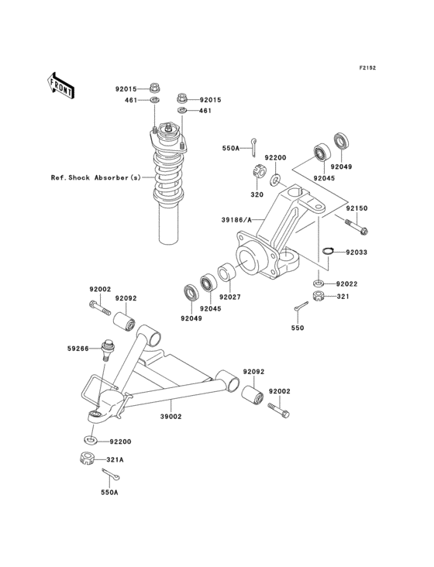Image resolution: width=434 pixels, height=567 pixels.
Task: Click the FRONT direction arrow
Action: point(61,84)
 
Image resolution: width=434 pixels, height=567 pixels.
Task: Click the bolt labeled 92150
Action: point(357,227)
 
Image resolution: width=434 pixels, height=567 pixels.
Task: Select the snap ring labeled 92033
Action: point(329,251)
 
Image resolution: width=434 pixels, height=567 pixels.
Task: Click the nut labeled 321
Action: point(319,295)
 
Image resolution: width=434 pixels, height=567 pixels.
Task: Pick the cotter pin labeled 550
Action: point(301,310)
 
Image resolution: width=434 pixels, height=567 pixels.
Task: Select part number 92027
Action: point(230,296)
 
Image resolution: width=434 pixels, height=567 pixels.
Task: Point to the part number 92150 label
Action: point(356,208)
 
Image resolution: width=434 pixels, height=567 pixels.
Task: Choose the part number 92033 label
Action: point(357,252)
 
